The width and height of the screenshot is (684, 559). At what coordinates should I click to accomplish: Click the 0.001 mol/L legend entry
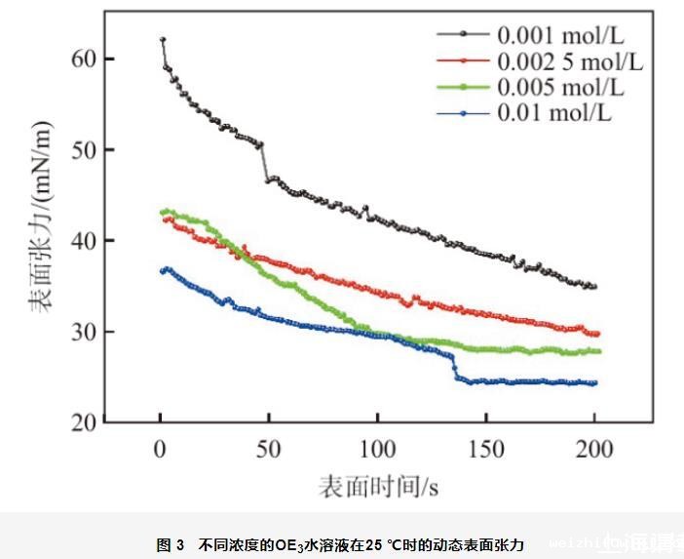[x=560, y=38]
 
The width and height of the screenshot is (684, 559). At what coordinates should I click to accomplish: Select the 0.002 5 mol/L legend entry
[x=570, y=63]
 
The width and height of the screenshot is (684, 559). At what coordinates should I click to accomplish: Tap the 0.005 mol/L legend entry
[x=560, y=89]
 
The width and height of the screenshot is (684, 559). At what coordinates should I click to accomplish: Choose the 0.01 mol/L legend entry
[x=554, y=113]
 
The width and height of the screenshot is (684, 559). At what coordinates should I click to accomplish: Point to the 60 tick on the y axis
[x=84, y=59]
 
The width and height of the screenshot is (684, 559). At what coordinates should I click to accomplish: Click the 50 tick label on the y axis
[x=84, y=150]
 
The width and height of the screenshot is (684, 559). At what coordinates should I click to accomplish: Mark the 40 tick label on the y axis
[x=84, y=241]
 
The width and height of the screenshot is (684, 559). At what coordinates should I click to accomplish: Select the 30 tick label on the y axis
[x=84, y=332]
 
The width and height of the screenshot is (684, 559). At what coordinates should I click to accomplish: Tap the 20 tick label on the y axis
[x=84, y=422]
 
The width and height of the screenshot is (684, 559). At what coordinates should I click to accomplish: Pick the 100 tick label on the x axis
[x=377, y=449]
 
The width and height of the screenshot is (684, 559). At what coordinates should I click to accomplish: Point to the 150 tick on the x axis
[x=485, y=449]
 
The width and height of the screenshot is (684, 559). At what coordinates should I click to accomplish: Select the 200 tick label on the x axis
[x=594, y=449]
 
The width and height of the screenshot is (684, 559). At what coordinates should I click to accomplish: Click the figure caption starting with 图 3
[x=341, y=543]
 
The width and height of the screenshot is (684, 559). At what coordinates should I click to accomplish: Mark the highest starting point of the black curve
[x=163, y=40]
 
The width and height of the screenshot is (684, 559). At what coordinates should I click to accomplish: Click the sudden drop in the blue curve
[x=454, y=367]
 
